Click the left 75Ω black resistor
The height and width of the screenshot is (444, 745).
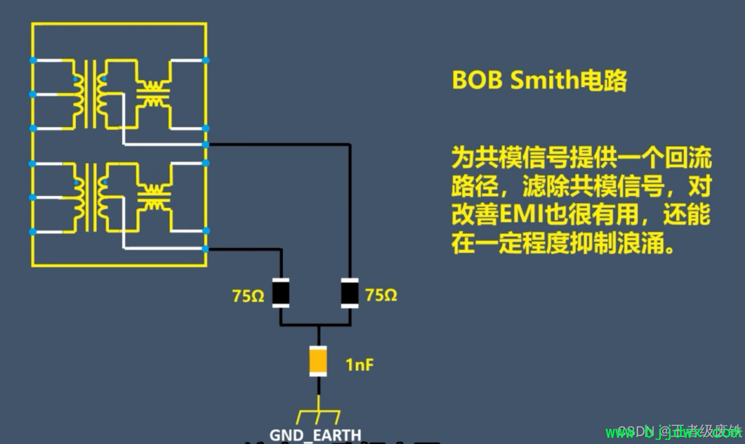pyautogui.click(x=281, y=293)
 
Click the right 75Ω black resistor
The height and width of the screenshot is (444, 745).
pyautogui.click(x=350, y=293)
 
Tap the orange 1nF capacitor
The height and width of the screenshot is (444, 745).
pyautogui.click(x=318, y=361)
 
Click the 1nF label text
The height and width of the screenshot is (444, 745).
pyautogui.click(x=359, y=364)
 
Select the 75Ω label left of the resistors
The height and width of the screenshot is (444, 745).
pyautogui.click(x=248, y=296)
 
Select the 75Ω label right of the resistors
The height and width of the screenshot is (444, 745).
pyautogui.click(x=381, y=296)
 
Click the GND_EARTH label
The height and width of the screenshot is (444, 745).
pyautogui.click(x=315, y=435)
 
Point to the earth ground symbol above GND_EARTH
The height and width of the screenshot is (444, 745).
pyautogui.click(x=318, y=415)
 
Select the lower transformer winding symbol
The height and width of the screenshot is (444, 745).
pyautogui.click(x=90, y=197)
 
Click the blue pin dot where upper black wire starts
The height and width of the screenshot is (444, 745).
pyautogui.click(x=206, y=145)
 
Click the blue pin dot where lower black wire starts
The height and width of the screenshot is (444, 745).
pyautogui.click(x=206, y=248)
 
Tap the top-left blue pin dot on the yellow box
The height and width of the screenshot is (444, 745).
pyautogui.click(x=32, y=61)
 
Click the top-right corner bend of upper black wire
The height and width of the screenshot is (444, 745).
pyautogui.click(x=350, y=145)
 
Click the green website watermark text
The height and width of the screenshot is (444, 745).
pyautogui.click(x=673, y=433)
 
